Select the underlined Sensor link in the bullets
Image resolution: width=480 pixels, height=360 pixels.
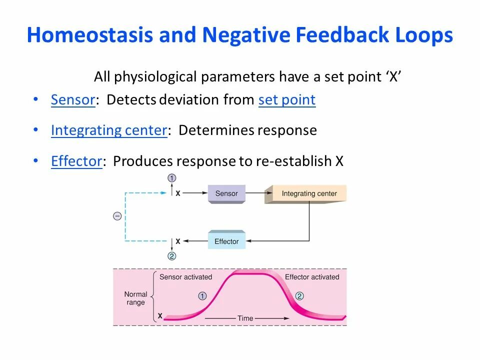pyautogui.click(x=73, y=100)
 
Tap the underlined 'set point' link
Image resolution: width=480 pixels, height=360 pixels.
pyautogui.click(x=287, y=100)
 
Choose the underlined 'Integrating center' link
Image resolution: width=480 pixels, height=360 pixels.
pyautogui.click(x=108, y=130)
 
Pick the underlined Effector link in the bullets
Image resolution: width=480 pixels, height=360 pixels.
pyautogui.click(x=76, y=161)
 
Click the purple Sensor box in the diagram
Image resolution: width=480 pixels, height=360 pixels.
pyautogui.click(x=226, y=193)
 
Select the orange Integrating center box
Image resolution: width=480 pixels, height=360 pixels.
pyautogui.click(x=306, y=193)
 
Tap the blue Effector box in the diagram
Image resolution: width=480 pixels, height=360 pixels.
pyautogui.click(x=226, y=241)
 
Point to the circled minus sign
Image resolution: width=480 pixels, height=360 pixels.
pyautogui.click(x=117, y=216)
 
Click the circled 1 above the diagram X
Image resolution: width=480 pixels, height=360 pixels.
pyautogui.click(x=172, y=178)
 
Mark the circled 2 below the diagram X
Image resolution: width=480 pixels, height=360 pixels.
pyautogui.click(x=172, y=256)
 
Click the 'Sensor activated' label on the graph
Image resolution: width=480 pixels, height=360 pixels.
pyautogui.click(x=185, y=277)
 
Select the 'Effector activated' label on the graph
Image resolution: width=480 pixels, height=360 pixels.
pyautogui.click(x=312, y=277)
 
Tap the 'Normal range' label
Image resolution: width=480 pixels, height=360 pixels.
pyautogui.click(x=135, y=298)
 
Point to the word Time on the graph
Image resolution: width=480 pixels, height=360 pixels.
pyautogui.click(x=245, y=318)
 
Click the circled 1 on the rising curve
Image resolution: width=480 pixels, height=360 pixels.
pyautogui.click(x=202, y=296)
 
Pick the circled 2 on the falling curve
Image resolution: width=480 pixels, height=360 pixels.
pyautogui.click(x=299, y=296)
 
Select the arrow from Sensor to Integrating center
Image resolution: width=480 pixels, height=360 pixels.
pyautogui.click(x=254, y=192)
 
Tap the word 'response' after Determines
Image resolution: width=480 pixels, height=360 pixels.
pyautogui.click(x=287, y=130)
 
